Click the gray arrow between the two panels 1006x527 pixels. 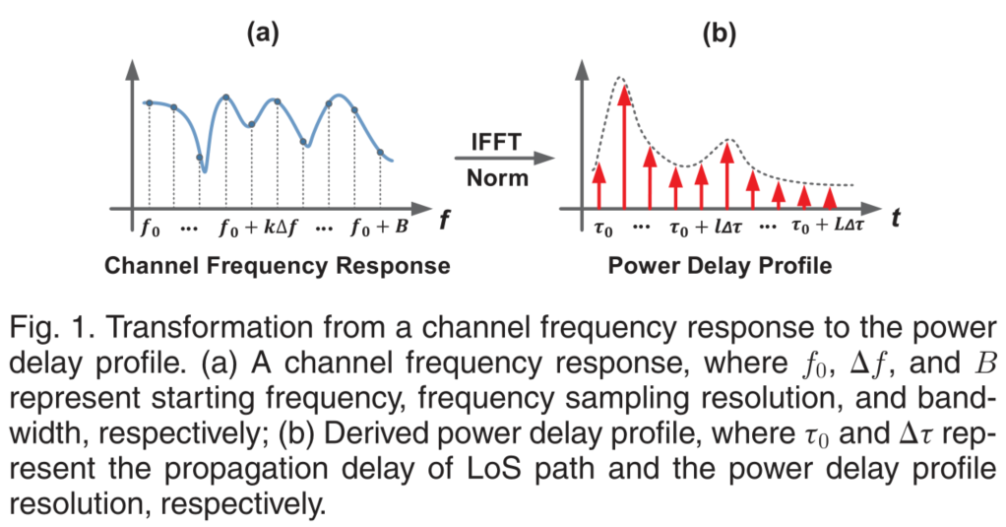point(503,159)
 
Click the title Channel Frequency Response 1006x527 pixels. point(278,266)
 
